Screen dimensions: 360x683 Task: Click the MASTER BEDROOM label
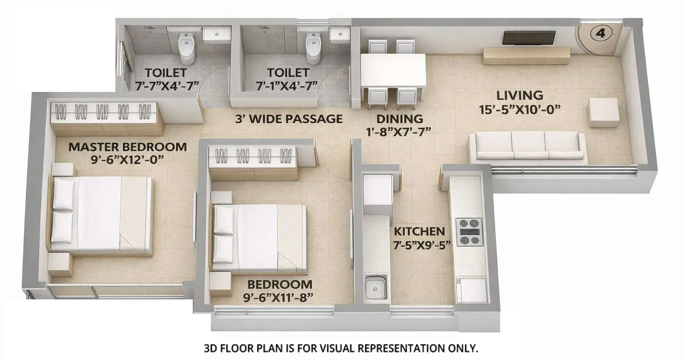[x=127, y=147]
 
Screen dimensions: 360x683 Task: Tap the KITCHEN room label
[x=419, y=231]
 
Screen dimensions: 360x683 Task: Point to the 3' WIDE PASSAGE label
[x=289, y=119]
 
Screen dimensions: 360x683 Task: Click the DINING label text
[x=400, y=119]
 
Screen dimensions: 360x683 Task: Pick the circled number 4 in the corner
[x=601, y=33]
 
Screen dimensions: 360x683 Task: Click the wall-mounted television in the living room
[x=529, y=38]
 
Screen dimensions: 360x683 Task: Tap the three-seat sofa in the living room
[x=527, y=147]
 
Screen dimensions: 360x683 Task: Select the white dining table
[x=393, y=71]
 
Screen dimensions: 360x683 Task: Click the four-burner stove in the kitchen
[x=468, y=232]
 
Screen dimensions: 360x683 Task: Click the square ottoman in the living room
[x=603, y=112]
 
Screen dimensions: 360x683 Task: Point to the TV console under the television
[x=525, y=56]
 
